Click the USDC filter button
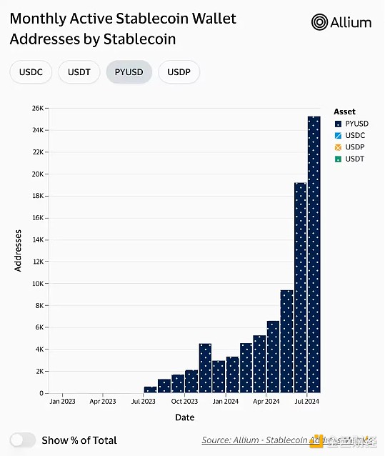[31, 71]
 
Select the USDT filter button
[79, 71]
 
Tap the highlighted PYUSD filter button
[129, 71]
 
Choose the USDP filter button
[179, 71]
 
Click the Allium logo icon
[319, 22]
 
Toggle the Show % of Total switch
[23, 440]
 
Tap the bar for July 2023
[150, 390]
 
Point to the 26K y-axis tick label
[37, 108]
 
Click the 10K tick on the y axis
[37, 284]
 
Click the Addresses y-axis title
[19, 250]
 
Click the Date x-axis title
[184, 417]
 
